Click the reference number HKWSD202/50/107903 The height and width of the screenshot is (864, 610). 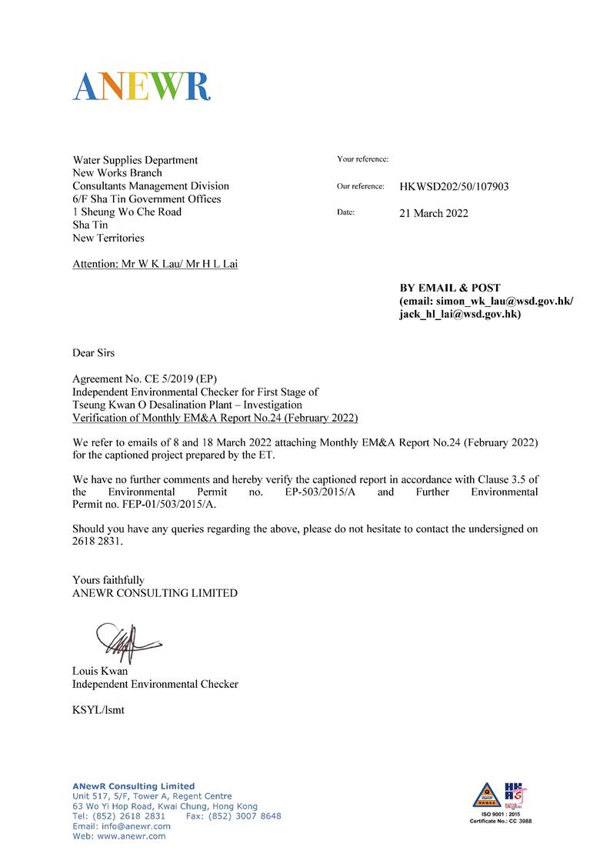(x=454, y=187)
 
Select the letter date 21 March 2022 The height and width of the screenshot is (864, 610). (x=433, y=213)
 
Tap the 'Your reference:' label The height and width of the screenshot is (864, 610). (x=362, y=159)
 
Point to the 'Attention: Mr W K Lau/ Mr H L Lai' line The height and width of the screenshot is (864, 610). (x=155, y=264)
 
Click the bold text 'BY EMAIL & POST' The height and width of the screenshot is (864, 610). (x=449, y=288)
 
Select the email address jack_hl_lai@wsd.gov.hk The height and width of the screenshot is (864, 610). (x=460, y=315)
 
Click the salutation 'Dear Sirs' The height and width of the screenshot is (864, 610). (x=93, y=353)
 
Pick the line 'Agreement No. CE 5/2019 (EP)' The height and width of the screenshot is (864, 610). (x=145, y=380)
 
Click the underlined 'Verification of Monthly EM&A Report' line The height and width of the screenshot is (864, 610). (x=215, y=418)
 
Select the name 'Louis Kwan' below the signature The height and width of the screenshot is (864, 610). (x=100, y=671)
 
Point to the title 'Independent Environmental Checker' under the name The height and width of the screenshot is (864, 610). (x=155, y=684)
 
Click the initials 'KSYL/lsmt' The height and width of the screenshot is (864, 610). (x=98, y=710)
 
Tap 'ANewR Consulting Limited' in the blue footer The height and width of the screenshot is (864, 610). (x=123, y=786)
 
